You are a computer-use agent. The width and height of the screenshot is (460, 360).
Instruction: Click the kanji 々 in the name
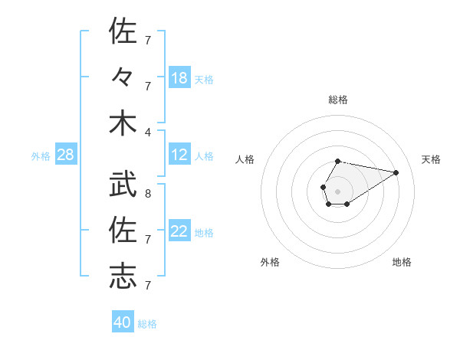coord(123,77)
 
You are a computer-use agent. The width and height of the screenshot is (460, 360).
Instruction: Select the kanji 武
coord(123,182)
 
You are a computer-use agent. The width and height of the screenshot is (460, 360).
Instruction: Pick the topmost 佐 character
coord(123,31)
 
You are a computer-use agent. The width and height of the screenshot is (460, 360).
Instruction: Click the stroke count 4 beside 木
coord(147,131)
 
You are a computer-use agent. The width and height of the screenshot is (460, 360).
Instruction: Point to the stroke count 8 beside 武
coord(147,194)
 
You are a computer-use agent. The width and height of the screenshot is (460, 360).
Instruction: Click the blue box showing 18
coord(179,78)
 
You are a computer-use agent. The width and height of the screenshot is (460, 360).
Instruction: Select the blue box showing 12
coord(179,155)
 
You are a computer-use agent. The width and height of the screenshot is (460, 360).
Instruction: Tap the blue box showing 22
coord(179,231)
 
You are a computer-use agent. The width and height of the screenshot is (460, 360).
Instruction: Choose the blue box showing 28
coord(66,155)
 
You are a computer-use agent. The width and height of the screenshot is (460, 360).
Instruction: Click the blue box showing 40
coord(123,322)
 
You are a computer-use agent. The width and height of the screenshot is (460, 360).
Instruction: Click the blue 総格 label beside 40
coord(147,324)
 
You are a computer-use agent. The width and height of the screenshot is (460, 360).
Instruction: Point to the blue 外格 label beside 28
coord(41,156)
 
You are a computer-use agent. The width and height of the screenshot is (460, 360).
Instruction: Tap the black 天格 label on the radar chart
coord(431,159)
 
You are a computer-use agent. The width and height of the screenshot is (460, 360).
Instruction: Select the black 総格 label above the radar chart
coord(338,100)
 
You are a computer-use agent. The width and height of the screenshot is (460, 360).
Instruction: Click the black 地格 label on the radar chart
coord(402,262)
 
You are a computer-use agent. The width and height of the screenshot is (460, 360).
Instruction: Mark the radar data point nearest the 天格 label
coord(396,172)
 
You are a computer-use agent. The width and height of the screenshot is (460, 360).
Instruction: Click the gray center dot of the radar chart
coord(337,190)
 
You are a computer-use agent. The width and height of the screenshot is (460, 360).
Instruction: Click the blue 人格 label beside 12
coord(204,156)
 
